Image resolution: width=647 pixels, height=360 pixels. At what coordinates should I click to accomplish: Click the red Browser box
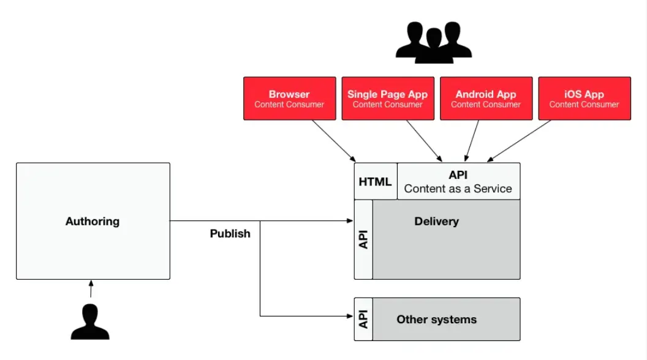tap(289, 98)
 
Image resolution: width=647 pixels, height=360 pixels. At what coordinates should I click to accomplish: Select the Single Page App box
tap(387, 98)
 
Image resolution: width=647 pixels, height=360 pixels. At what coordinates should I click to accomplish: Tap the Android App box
tap(486, 98)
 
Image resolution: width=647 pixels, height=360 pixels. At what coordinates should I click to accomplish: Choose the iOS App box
tap(584, 98)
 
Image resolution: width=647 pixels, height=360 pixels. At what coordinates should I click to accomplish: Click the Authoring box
tap(93, 221)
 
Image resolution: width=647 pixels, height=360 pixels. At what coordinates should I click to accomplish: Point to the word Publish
tap(230, 233)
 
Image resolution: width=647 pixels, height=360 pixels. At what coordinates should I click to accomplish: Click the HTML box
tap(375, 182)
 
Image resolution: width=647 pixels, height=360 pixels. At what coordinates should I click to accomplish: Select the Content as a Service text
tap(458, 189)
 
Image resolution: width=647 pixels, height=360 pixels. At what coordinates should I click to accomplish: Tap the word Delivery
tap(436, 221)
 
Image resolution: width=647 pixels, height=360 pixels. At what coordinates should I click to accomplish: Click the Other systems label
tap(436, 319)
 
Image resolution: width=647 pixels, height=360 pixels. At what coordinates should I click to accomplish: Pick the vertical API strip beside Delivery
tap(363, 239)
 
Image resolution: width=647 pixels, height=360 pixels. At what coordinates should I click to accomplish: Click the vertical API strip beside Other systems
tap(363, 319)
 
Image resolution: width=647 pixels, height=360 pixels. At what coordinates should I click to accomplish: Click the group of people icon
tap(434, 42)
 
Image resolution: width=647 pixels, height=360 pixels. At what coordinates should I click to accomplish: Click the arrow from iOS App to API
tap(521, 141)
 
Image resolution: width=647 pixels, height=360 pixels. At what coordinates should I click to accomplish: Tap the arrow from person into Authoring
tap(91, 289)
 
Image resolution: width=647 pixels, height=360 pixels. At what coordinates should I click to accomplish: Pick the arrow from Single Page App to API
tap(423, 140)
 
